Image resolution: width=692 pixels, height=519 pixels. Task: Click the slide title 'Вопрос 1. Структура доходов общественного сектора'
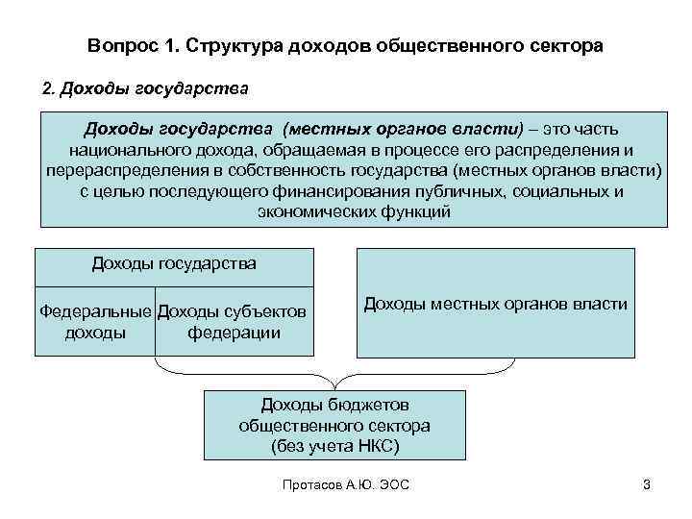point(345,45)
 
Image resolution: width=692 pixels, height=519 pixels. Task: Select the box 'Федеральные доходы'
point(94,322)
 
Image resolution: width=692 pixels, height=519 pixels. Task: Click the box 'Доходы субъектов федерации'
point(234,322)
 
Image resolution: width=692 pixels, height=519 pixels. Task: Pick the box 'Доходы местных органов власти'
point(495,304)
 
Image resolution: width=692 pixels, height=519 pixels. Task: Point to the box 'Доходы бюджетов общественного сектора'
point(334,425)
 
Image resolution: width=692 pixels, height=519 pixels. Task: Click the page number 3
point(646,484)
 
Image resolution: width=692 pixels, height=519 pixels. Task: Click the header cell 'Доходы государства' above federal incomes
point(174,263)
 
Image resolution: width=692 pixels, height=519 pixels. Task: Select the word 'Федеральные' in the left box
point(94,311)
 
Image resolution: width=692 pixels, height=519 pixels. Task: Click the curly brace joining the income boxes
point(334,370)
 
